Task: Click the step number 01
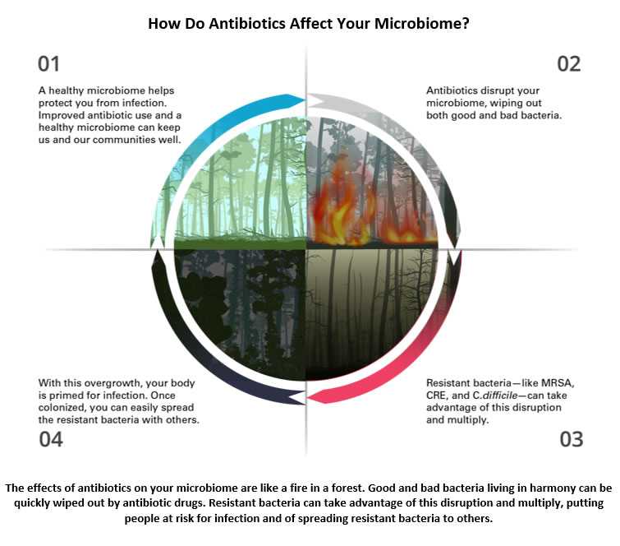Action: [x=48, y=64]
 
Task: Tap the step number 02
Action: [x=568, y=64]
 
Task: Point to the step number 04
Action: [x=51, y=439]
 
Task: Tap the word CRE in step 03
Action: [x=439, y=395]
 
